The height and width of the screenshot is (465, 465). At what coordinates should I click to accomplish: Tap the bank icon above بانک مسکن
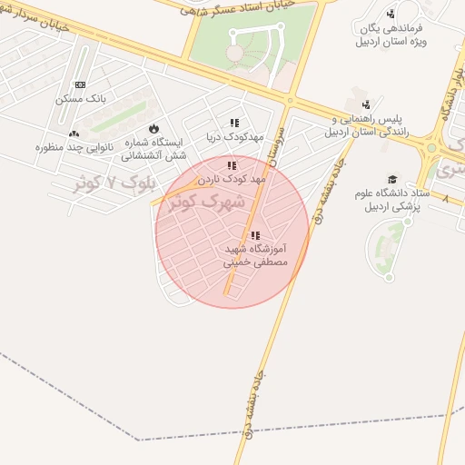pos(80,84)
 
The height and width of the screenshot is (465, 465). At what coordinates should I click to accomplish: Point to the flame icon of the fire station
pos(153,128)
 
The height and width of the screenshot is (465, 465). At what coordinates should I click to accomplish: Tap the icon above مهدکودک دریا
pos(234,123)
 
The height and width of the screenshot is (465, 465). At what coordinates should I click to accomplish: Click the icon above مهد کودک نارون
pos(232,165)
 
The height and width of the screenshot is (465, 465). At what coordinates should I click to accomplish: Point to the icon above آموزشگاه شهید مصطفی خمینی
pos(255,235)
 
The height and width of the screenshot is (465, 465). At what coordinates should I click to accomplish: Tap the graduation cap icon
pos(392,179)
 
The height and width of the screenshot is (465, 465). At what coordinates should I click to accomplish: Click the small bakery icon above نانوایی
pos(73,134)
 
